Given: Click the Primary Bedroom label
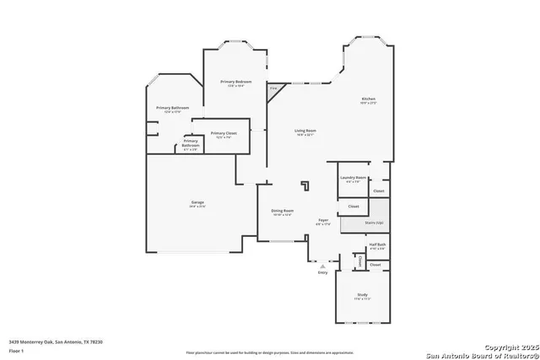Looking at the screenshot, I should point(232,82).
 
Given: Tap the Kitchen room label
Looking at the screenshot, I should point(368,99).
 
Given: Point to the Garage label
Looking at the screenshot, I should point(197,203).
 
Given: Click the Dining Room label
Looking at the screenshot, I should point(282,211).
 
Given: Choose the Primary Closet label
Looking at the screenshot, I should point(224,134).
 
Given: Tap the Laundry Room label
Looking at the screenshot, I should point(353,178).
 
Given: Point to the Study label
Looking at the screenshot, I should point(363,294).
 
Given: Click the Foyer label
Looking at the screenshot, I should point(322,221).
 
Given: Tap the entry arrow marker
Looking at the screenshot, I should point(322,266).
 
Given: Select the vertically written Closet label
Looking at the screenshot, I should point(360,262).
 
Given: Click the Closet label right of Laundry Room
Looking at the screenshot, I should point(379,191).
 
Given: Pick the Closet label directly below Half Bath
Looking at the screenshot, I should point(375,265).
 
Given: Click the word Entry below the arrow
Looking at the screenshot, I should point(322,272).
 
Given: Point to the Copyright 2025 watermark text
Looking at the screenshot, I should point(498,346).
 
